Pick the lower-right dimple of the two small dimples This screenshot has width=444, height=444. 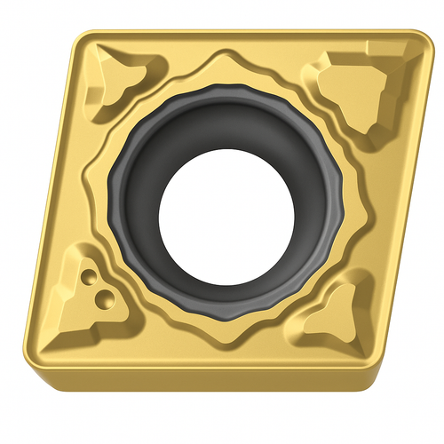[104, 295]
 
